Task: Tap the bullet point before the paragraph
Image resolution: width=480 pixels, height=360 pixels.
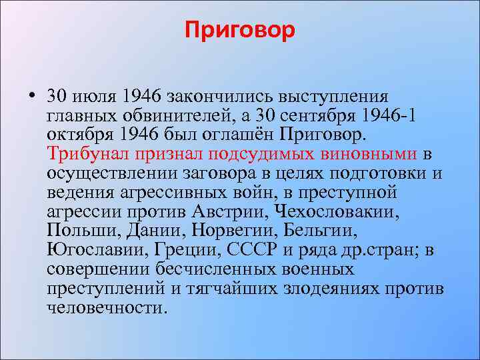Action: coord(33,97)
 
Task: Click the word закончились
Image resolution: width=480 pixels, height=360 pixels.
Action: coord(213,97)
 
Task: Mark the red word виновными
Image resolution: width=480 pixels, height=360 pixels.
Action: coord(379,155)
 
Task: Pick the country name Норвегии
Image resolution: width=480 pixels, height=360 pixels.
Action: coord(235,231)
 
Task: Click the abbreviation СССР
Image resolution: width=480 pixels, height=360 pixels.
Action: coord(251,251)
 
